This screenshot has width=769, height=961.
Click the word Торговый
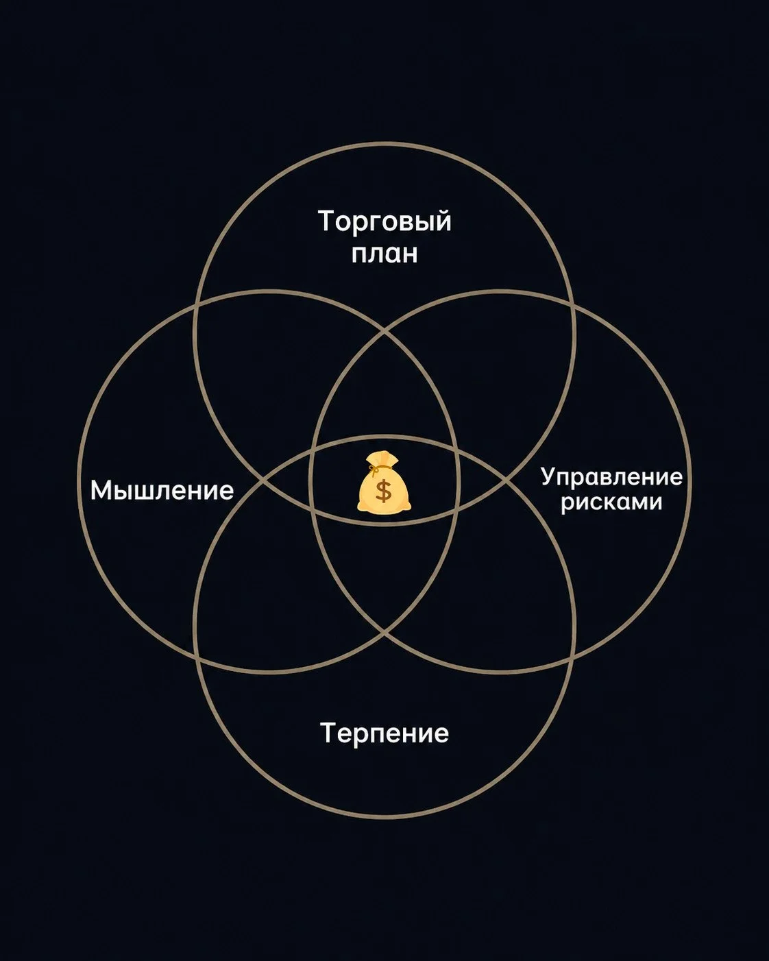point(384,222)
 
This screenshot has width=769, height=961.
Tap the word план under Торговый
point(384,254)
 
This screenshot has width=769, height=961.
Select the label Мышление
point(162,491)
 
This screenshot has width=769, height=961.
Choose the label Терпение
point(384,733)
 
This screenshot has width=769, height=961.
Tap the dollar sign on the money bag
point(383,490)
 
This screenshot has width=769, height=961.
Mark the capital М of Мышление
point(99,490)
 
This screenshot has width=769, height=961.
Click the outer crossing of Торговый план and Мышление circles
point(195,306)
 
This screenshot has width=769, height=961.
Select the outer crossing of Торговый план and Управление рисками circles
point(574,306)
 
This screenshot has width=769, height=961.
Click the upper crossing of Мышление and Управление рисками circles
point(384,332)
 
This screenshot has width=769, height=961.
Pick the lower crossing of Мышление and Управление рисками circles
point(384,632)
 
